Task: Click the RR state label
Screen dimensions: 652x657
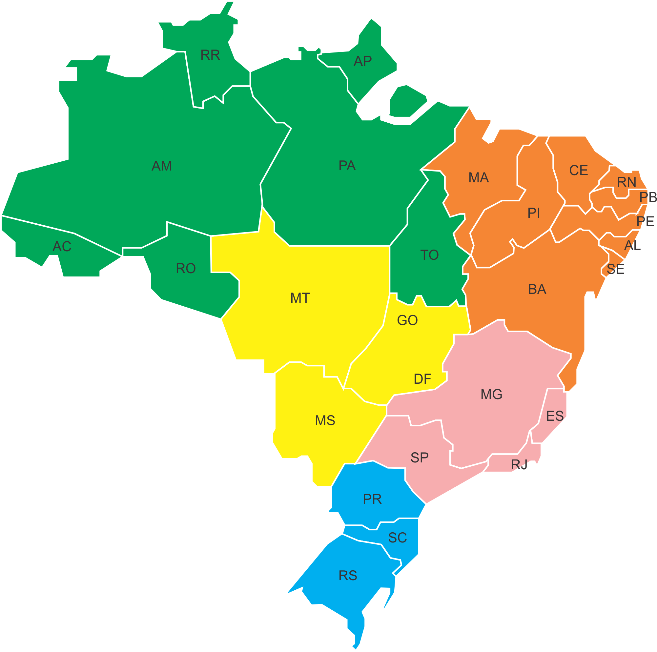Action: [x=210, y=55]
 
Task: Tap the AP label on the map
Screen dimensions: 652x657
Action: [x=362, y=61]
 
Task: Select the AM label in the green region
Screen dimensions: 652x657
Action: [x=162, y=166]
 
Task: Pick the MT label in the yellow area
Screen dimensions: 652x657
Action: [x=300, y=298]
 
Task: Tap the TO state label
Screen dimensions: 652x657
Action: [x=429, y=255]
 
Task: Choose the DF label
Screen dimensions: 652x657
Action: [x=422, y=379]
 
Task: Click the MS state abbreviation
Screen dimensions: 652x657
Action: [x=325, y=420]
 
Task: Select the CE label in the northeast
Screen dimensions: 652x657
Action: [x=579, y=170]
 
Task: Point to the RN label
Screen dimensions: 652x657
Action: [x=626, y=182]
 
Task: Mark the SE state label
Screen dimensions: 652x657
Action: [x=616, y=269]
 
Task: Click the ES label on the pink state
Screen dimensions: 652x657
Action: [x=555, y=416]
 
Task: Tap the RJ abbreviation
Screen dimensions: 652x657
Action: [x=519, y=465]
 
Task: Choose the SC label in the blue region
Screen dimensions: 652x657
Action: [x=398, y=538]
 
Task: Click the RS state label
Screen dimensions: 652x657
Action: [x=348, y=576]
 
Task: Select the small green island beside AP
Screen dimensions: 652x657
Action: [x=407, y=102]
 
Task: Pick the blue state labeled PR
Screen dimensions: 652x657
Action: [x=372, y=499]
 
